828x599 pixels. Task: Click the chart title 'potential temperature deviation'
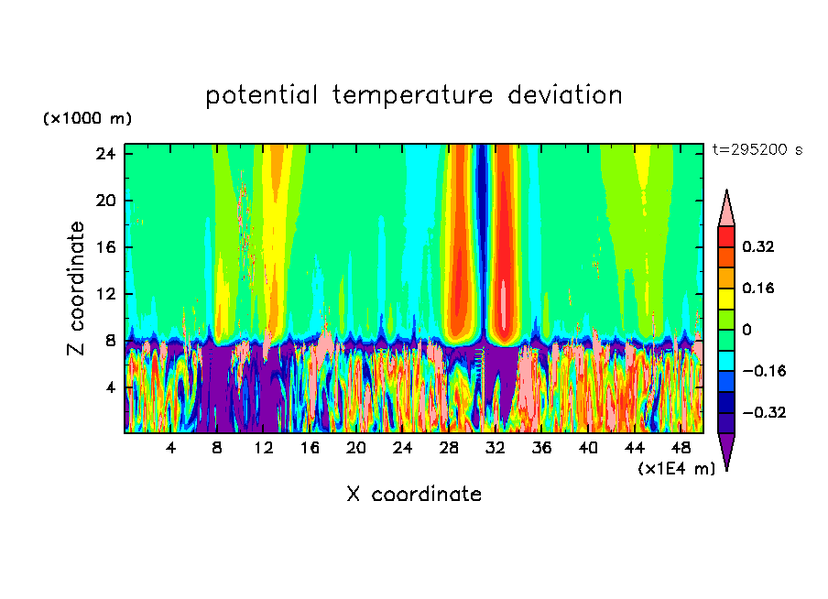pos(414,95)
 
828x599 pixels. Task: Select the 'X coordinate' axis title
pos(414,495)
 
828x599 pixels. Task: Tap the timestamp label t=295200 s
pos(757,150)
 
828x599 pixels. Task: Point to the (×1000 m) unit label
pos(87,119)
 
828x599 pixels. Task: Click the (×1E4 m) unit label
pos(676,469)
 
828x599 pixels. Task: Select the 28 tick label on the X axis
pos(449,448)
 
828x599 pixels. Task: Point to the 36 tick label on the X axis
pos(541,448)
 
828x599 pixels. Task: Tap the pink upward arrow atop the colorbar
pos(726,209)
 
